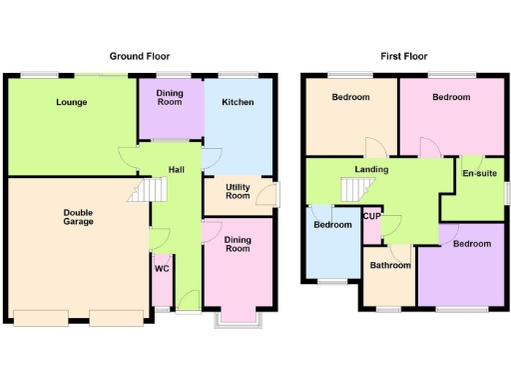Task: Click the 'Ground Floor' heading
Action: click(x=140, y=57)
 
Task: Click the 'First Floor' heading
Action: click(x=403, y=57)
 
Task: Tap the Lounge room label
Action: click(x=71, y=102)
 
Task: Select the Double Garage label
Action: click(x=79, y=216)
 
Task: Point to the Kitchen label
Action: click(x=238, y=102)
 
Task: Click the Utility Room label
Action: click(x=238, y=192)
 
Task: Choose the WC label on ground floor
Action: click(x=161, y=268)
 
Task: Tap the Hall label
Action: click(x=177, y=170)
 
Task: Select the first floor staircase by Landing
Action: click(x=355, y=188)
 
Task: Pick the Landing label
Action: click(x=371, y=170)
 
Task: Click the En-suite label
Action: click(x=479, y=174)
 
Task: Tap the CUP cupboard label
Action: click(x=371, y=217)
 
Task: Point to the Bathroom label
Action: click(x=390, y=265)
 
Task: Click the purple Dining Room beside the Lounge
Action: click(x=170, y=97)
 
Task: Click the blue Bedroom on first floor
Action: click(x=332, y=225)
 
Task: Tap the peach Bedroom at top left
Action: click(x=350, y=97)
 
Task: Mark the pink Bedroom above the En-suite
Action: click(x=451, y=97)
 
